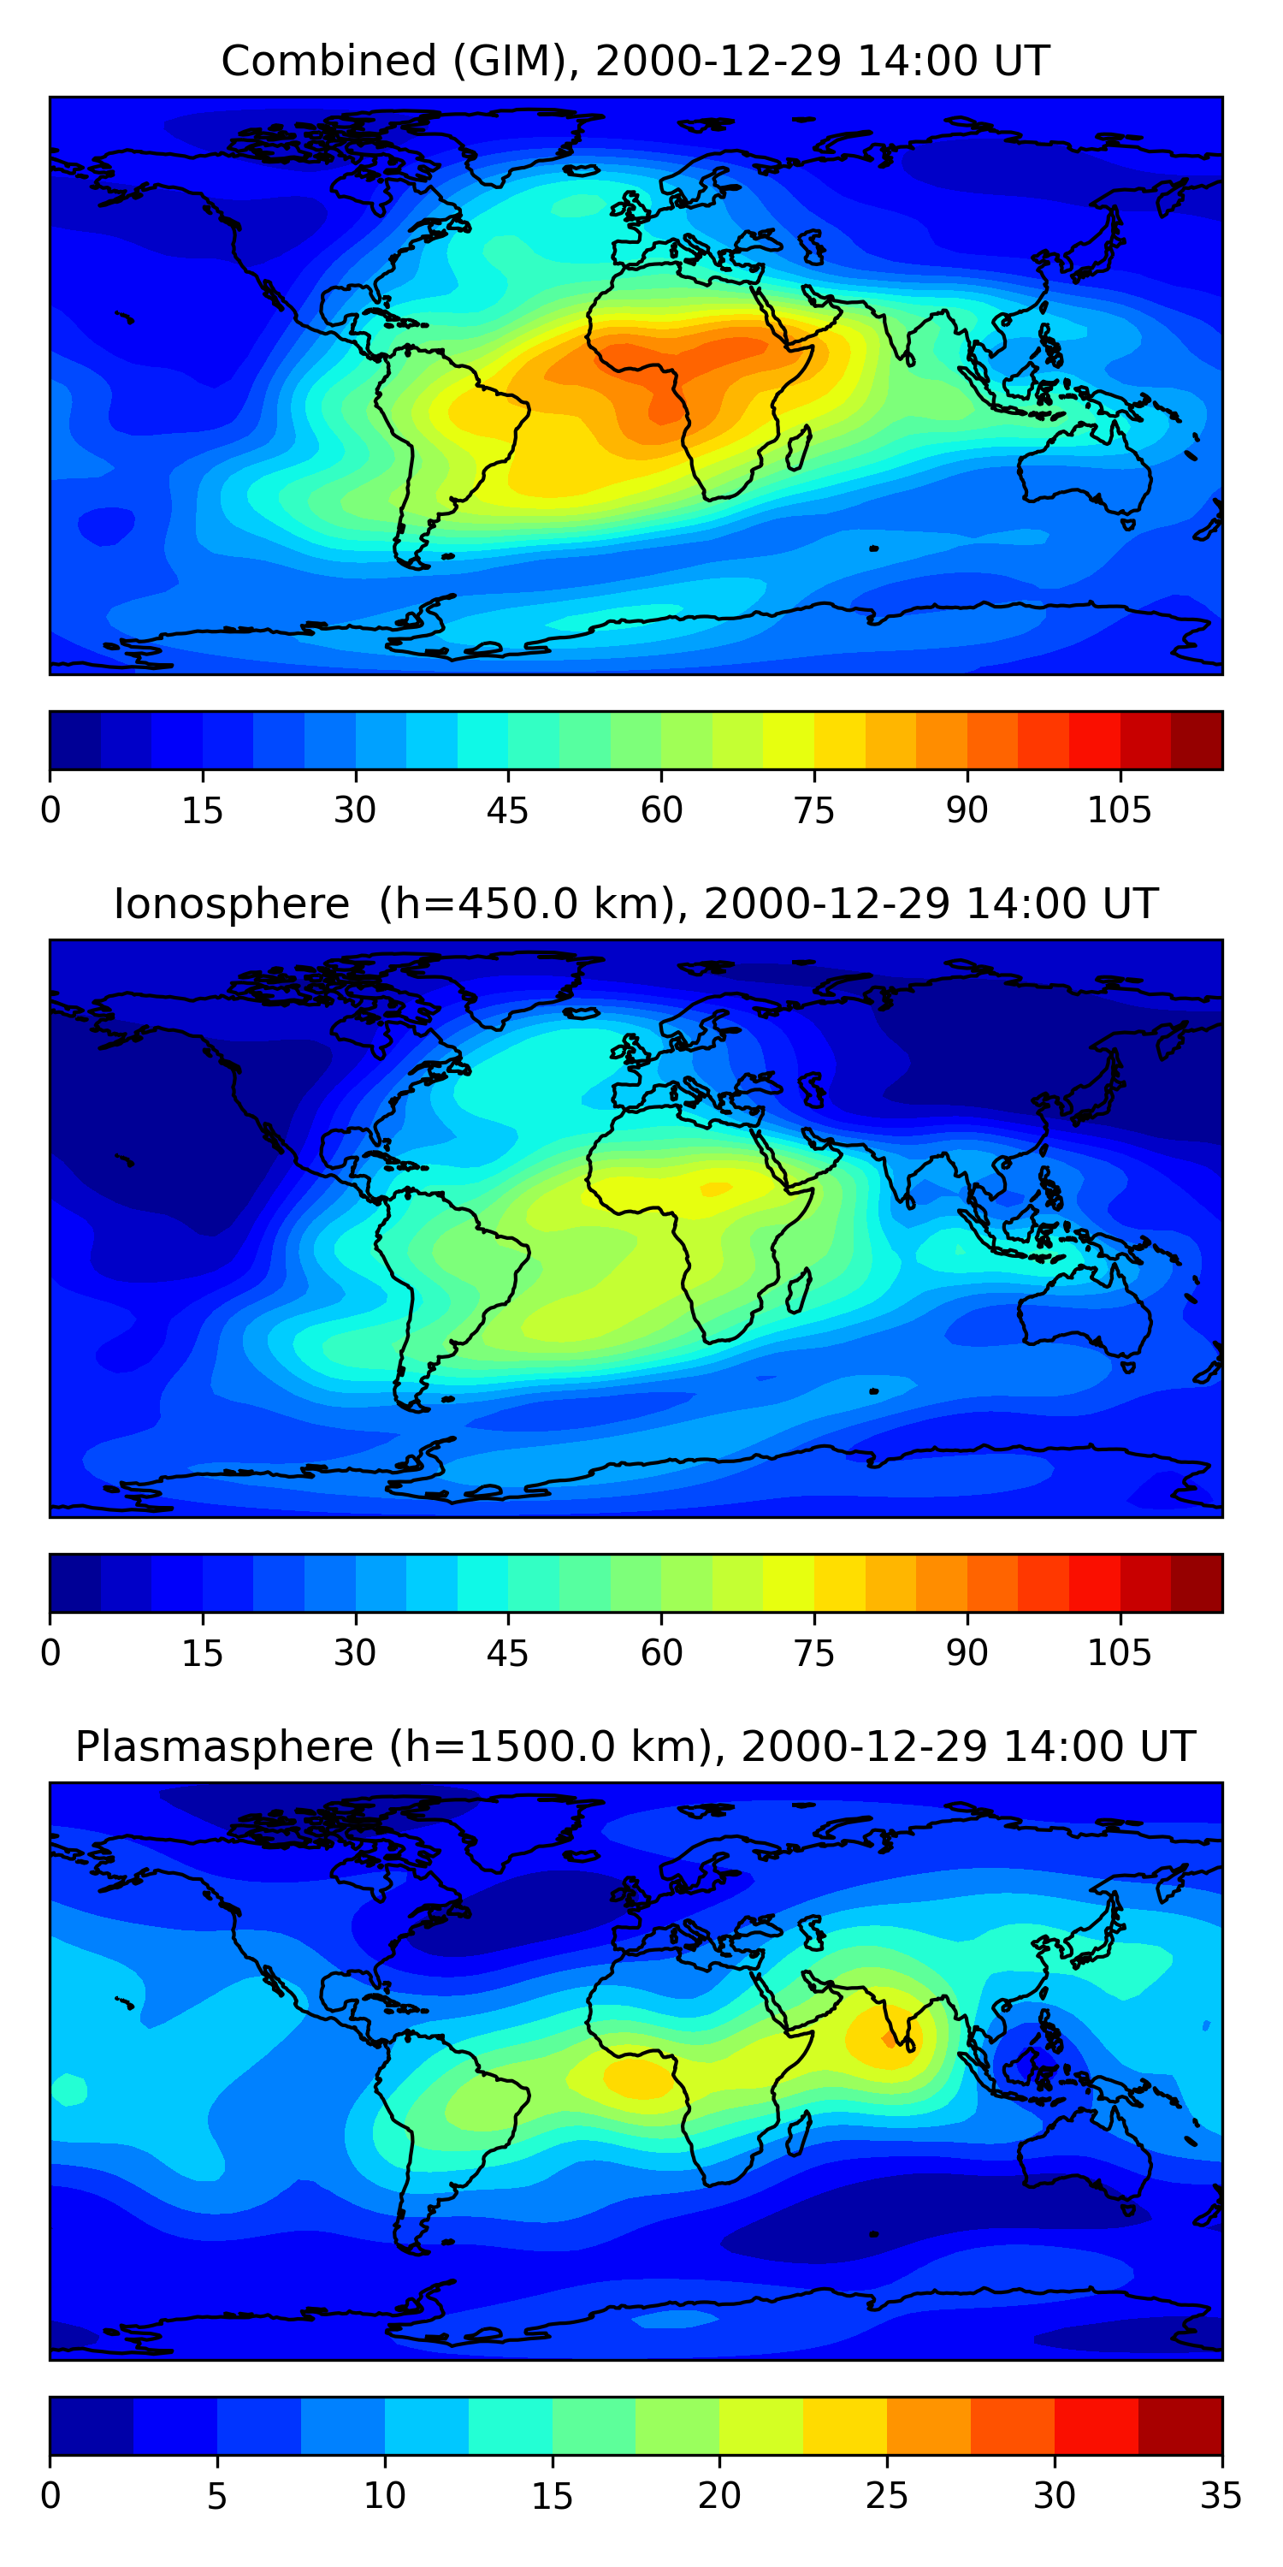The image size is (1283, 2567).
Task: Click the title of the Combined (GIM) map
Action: pos(636,61)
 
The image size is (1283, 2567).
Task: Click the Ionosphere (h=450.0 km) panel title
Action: pos(636,904)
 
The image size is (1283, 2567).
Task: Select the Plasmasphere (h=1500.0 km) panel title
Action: pos(636,1747)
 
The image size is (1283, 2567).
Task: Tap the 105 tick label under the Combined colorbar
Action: pos(1120,810)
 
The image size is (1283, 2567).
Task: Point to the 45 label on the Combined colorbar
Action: pos(508,810)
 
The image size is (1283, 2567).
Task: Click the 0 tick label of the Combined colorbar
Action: pos(50,810)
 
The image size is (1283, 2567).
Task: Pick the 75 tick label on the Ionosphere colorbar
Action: pos(813,1653)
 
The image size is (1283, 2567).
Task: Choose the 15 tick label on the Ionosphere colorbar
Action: pos(202,1653)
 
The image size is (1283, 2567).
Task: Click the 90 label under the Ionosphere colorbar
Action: pos(967,1653)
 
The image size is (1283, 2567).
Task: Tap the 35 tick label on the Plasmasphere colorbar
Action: pos(1221,2496)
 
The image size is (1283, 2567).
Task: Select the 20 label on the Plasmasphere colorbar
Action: pos(719,2496)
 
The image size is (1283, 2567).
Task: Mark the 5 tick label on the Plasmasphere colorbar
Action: pos(217,2496)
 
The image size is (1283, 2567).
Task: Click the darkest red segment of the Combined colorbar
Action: pos(1197,740)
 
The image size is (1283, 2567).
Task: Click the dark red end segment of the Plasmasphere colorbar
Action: pos(1180,2427)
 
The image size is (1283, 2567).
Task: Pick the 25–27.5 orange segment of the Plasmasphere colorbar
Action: pos(928,2427)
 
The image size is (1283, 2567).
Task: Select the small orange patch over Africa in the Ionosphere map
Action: pos(716,1189)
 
